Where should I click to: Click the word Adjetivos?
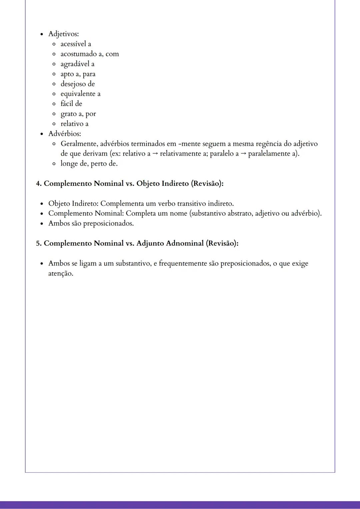coord(63,34)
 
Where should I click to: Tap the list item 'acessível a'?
coord(76,44)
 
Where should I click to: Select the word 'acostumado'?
coord(78,54)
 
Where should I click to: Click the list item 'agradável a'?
coord(77,64)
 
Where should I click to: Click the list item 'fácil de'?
coord(71,104)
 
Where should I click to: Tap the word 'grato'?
coord(68,114)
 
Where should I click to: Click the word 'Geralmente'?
coord(78,144)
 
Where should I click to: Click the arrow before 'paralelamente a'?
coord(243,154)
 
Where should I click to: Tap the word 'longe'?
coord(69,164)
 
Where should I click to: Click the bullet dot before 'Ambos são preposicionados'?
coord(42,224)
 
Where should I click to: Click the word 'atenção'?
coord(60,273)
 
